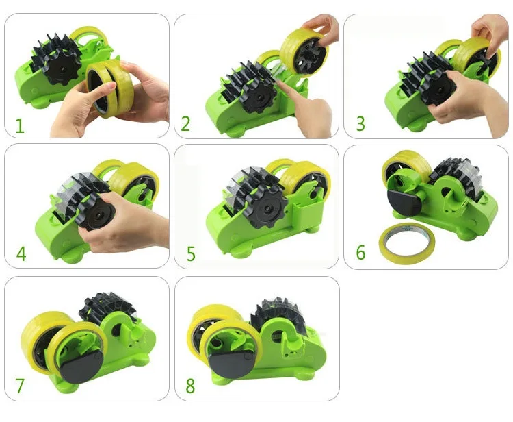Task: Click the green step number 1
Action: tap(21, 126)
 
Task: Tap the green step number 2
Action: tap(185, 124)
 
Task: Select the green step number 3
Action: tap(360, 124)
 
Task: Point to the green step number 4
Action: tap(21, 254)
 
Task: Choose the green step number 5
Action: tap(191, 254)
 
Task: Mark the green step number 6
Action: tap(360, 253)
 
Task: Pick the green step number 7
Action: tap(20, 386)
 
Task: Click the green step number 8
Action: tap(190, 386)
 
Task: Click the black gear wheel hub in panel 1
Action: tap(62, 69)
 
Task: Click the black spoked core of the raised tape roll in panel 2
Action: tap(308, 53)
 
